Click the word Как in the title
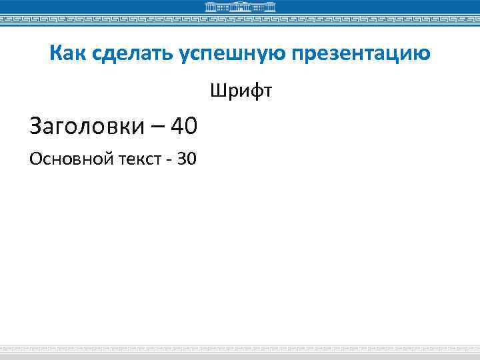tap(65, 53)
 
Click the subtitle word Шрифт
tap(241, 89)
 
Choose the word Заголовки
tap(87, 125)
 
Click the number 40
tap(184, 124)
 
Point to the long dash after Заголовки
tap(157, 125)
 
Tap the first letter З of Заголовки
tap(36, 125)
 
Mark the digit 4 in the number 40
tap(177, 124)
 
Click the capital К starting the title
tap(55, 53)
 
